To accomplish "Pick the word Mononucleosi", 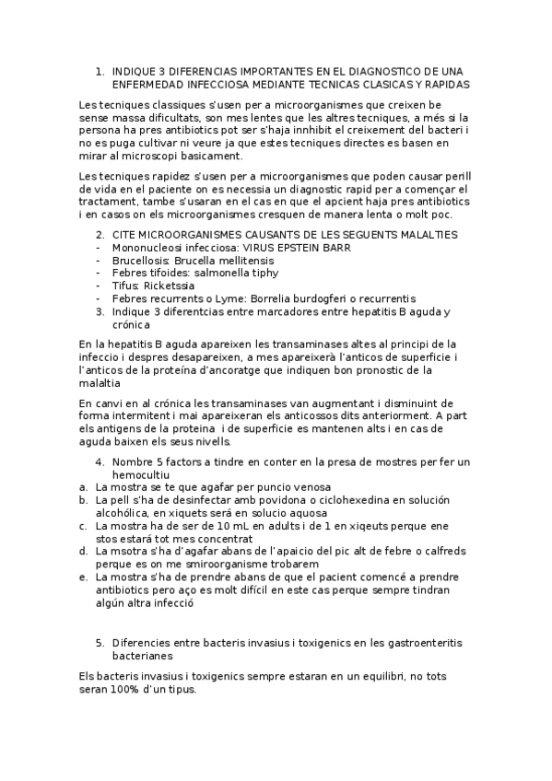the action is point(145,247).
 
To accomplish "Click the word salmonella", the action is point(219,273).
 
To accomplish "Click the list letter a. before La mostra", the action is point(84,487).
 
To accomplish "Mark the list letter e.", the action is point(84,577).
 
